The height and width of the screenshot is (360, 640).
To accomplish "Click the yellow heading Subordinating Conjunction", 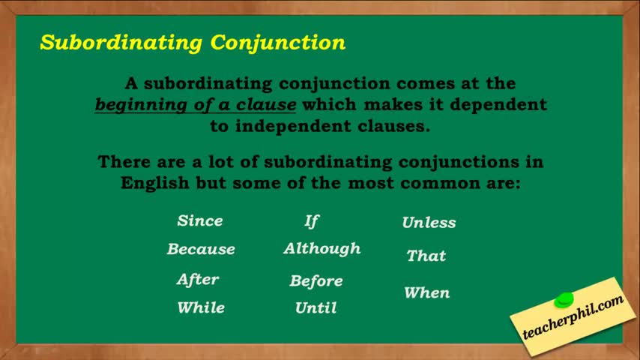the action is pos(193,43).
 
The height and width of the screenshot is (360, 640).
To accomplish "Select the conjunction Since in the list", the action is pos(200,220).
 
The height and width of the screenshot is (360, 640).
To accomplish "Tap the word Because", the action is pos(201,249).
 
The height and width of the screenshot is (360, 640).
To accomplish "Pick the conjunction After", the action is pos(198,280).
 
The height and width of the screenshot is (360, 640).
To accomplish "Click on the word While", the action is pos(201,307).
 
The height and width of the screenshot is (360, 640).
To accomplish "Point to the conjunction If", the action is pos(312,221).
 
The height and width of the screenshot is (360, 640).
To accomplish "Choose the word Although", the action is pos(322,248).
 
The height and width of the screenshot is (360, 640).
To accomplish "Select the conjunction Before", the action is pos(316,280).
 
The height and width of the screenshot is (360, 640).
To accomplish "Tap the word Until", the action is pos(316,307).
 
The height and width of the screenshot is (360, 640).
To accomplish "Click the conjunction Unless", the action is pos(429,223).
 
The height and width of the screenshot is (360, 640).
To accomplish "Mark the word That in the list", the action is pos(426,256).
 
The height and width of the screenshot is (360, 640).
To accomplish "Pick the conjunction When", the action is pos(427,292).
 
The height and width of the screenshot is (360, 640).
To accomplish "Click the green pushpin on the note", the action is pos(564,300).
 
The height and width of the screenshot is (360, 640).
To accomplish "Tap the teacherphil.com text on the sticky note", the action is pos(573,316).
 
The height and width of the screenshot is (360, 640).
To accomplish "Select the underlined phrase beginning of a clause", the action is pos(196,104).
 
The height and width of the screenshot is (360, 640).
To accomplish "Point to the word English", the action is pos(154,183).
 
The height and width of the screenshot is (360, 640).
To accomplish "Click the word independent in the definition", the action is pos(293,126).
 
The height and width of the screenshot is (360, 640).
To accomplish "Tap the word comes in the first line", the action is pos(426,84).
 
